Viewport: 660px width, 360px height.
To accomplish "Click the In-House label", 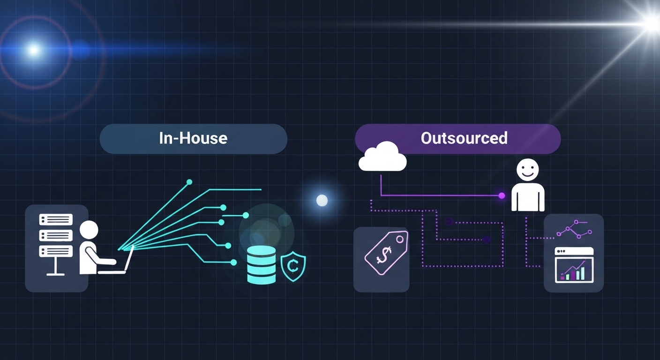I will [x=193, y=139].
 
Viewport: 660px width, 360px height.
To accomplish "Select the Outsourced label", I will [x=464, y=138].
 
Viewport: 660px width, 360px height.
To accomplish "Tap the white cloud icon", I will [x=382, y=158].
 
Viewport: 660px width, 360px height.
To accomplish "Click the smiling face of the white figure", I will [x=527, y=170].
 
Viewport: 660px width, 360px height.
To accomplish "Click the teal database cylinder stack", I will [x=261, y=265].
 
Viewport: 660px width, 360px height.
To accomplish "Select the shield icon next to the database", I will [x=293, y=266].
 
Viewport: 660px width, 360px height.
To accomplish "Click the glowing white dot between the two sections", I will [x=322, y=201].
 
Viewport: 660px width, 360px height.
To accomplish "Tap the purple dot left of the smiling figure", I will [x=502, y=195].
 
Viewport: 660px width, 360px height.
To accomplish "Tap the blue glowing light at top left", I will [x=33, y=49].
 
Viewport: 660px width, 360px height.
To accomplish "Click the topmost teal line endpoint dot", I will [x=189, y=181].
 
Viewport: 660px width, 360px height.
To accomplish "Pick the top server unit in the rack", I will [x=56, y=219].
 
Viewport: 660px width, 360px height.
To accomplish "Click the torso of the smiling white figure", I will [x=528, y=197].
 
